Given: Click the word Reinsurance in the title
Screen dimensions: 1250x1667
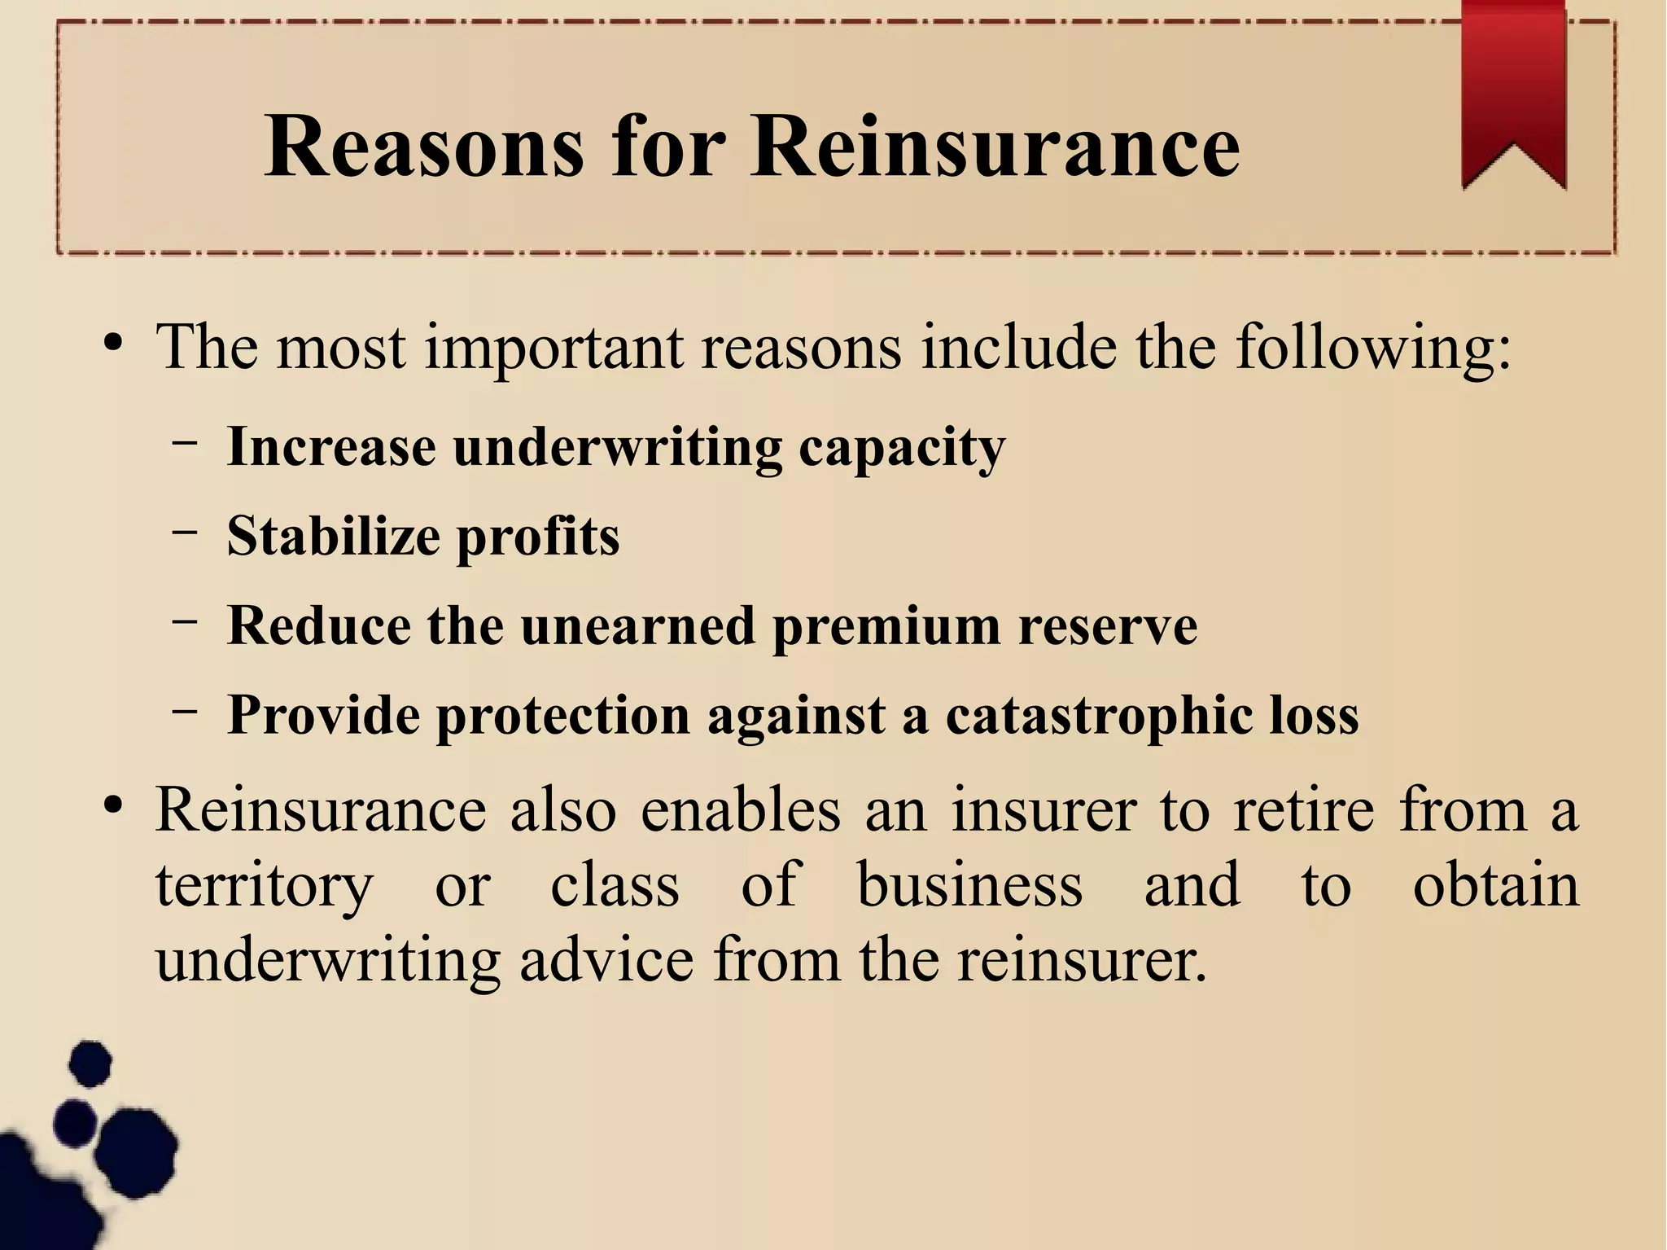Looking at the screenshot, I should pyautogui.click(x=995, y=147).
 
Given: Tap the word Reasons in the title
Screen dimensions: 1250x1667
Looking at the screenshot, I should pyautogui.click(x=424, y=147).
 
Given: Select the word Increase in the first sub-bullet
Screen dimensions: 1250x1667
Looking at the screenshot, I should pyautogui.click(x=331, y=447).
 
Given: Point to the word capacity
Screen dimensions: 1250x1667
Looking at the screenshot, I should pyautogui.click(x=902, y=449).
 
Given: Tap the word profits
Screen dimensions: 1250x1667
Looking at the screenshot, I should pyautogui.click(x=538, y=537).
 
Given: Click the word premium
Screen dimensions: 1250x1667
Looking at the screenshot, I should pyautogui.click(x=886, y=627).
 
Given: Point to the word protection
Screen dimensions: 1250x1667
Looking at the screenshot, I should pyautogui.click(x=563, y=716).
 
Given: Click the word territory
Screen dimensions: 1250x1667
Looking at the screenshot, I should pyautogui.click(x=265, y=886).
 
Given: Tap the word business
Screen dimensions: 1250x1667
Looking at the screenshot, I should pyautogui.click(x=969, y=884).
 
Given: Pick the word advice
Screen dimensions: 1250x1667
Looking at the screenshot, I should pyautogui.click(x=606, y=959).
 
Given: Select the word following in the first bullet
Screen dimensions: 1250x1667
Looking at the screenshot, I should pyautogui.click(x=1373, y=348).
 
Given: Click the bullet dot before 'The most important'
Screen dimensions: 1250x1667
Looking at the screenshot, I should pyautogui.click(x=113, y=342).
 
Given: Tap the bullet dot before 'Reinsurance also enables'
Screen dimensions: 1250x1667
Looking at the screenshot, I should pyautogui.click(x=113, y=806).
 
